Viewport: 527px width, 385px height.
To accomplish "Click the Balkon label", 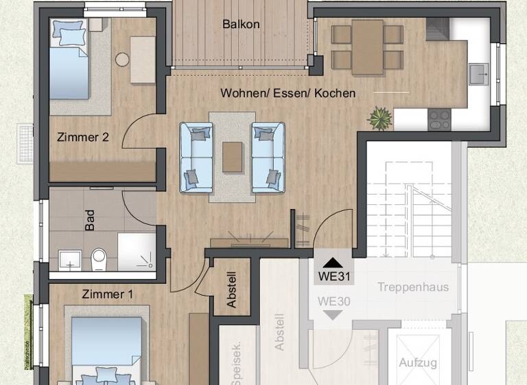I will (x=241, y=24).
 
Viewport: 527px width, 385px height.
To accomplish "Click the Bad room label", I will (x=90, y=220).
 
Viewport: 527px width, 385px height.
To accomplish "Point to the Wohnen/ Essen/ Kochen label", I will (x=288, y=93).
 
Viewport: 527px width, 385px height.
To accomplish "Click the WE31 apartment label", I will (x=333, y=278).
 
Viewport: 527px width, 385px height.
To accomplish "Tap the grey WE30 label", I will (x=334, y=300).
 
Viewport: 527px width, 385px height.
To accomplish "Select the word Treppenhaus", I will (x=413, y=287).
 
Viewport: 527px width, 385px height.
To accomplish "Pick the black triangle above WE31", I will (x=333, y=262).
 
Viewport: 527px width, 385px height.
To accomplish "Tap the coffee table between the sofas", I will (x=233, y=156).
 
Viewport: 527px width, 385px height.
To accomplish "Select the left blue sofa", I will (x=197, y=157).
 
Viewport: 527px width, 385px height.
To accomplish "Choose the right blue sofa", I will (x=268, y=157).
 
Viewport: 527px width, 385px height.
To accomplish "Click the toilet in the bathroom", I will (x=99, y=260).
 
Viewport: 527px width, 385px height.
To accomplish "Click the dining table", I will (x=368, y=47).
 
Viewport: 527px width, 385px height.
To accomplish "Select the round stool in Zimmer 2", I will (x=123, y=60).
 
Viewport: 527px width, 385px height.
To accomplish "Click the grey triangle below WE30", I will (x=333, y=315).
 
